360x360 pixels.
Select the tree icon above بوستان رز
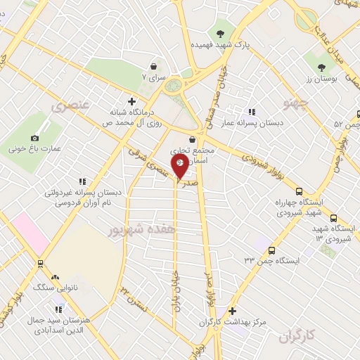coord(321,67)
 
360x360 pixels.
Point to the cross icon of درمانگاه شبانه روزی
coord(131,101)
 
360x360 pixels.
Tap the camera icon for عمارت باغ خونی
coord(35,138)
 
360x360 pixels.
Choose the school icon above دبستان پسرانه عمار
coord(252,112)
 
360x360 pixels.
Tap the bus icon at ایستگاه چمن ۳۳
coord(272,250)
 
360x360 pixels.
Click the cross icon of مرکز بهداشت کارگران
coord(233,311)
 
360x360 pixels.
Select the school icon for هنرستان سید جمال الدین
coord(59,308)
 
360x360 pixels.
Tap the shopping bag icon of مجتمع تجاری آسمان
coord(192,139)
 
